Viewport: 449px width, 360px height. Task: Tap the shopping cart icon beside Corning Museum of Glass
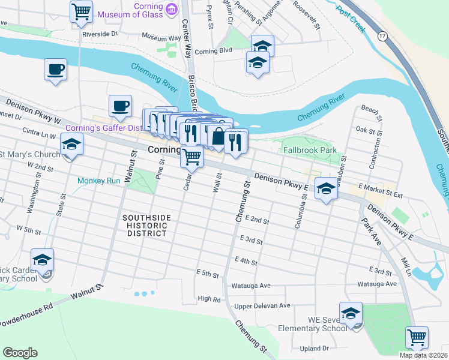click(81, 11)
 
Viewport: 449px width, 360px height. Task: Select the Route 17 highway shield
click(382, 37)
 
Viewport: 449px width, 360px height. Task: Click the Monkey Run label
click(98, 180)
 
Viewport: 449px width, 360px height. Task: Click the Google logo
click(20, 353)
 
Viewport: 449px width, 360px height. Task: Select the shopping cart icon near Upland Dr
click(417, 337)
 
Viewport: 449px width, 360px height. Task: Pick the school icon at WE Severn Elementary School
click(351, 314)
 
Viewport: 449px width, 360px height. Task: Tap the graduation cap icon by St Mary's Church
click(71, 145)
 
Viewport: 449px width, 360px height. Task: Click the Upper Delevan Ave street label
click(262, 305)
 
